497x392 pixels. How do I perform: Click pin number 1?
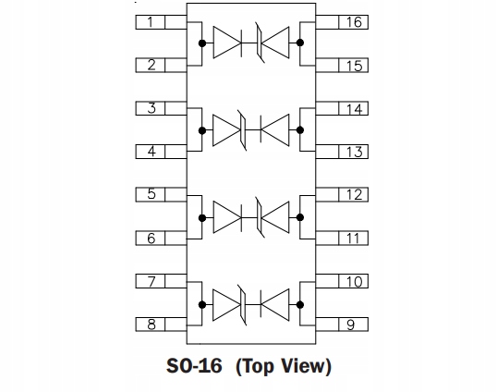point(151,22)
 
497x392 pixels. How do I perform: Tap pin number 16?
point(354,22)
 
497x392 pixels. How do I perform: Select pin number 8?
point(152,325)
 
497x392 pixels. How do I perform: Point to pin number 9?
point(350,325)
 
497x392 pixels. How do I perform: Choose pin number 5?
point(152,194)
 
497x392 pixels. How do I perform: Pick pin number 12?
point(354,194)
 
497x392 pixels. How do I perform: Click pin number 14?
point(354,109)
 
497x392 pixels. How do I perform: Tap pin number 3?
point(152,108)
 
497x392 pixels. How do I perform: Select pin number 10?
point(354,281)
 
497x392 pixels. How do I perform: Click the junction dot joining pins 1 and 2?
point(202,43)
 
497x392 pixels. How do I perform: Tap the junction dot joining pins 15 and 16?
point(299,43)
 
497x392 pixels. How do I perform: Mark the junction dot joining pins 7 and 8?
point(202,305)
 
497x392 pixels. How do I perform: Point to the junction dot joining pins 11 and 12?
point(299,217)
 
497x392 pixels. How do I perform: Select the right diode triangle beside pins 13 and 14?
point(276,130)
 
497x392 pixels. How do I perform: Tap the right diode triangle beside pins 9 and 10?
point(276,305)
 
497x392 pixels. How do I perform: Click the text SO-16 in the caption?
point(194,366)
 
